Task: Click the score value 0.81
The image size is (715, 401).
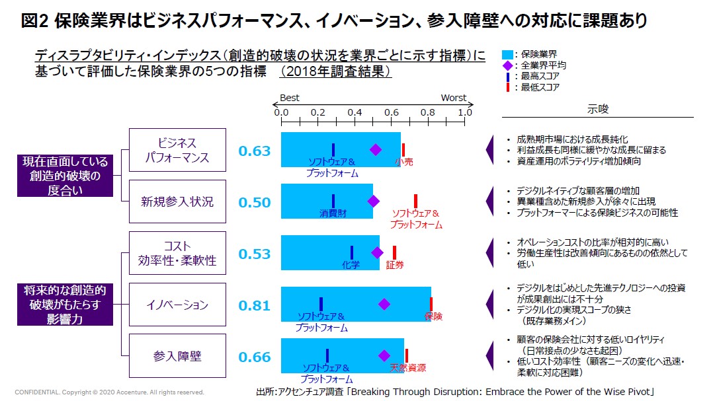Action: [255, 305]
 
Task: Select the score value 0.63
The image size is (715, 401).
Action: [255, 151]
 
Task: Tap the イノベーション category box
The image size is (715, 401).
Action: [177, 305]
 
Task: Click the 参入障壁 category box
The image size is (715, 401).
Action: [177, 356]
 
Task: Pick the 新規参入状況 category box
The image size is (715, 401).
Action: [177, 201]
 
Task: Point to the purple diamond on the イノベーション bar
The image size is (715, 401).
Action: [384, 304]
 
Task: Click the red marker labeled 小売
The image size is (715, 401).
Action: [403, 150]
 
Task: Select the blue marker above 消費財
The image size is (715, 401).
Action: [333, 201]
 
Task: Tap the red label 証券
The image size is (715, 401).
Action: [395, 265]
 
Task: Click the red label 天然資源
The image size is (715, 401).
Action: [407, 367]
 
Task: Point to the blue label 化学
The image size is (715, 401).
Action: [351, 265]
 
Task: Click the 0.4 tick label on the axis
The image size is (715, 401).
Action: [355, 112]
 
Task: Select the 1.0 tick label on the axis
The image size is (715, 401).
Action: [465, 112]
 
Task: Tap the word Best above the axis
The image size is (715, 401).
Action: [290, 98]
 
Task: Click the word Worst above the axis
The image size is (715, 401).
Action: [454, 98]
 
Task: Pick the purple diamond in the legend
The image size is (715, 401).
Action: [507, 65]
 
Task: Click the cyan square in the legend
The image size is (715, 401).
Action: [507, 55]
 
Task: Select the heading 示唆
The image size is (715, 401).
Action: [597, 109]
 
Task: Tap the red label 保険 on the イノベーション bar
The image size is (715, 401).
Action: [433, 316]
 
